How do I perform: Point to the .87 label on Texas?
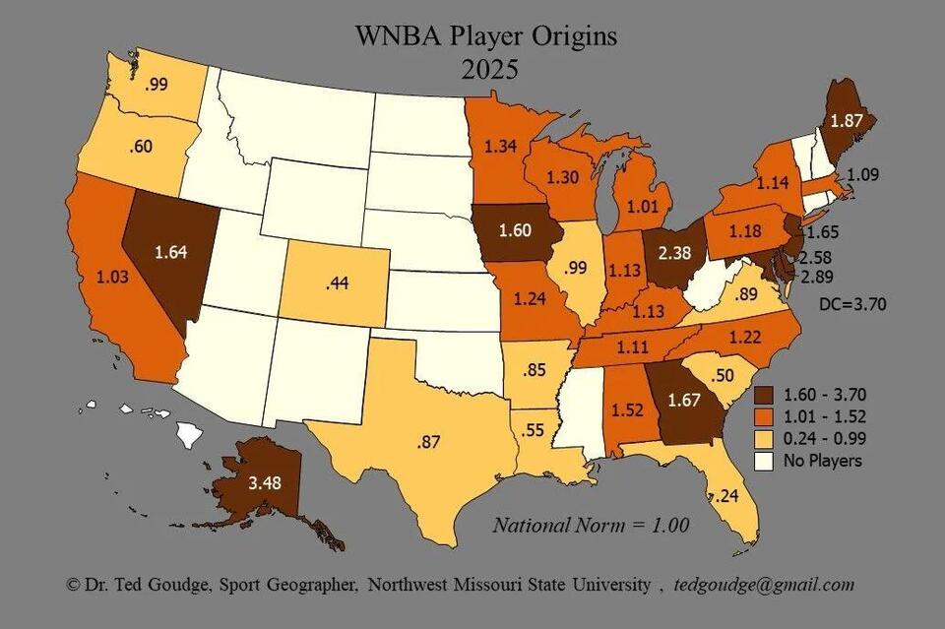tap(429, 442)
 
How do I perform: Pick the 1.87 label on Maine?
tap(848, 121)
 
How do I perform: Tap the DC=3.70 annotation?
tap(852, 304)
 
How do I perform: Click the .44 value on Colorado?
tap(338, 285)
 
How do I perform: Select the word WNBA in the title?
tap(399, 36)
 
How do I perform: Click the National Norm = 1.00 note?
tap(591, 525)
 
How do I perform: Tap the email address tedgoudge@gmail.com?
tap(764, 585)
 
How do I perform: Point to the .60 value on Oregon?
tap(139, 148)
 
